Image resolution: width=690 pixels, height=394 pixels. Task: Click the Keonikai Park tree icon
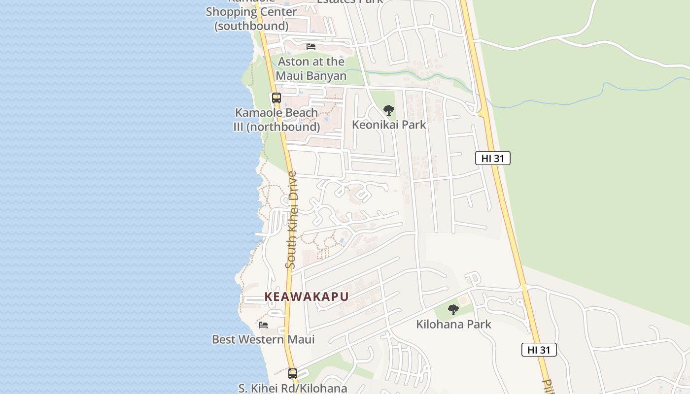tap(389, 110)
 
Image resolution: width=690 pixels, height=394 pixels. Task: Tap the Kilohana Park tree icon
tap(453, 310)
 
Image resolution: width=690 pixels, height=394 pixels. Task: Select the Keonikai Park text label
tap(389, 125)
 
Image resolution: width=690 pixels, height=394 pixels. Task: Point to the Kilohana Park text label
tap(453, 324)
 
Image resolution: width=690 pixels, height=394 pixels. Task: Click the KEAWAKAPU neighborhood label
tap(307, 296)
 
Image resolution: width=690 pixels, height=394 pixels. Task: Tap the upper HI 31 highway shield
tap(492, 158)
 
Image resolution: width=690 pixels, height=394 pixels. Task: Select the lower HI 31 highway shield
tap(539, 350)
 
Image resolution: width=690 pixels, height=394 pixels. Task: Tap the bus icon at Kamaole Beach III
tap(276, 98)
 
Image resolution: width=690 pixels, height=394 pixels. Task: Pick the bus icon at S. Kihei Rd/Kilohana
tap(293, 373)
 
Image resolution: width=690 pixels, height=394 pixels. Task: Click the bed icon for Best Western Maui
tap(263, 325)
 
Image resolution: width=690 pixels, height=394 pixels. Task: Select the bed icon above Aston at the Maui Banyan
tap(311, 47)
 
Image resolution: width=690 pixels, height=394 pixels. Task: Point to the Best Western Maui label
tap(263, 339)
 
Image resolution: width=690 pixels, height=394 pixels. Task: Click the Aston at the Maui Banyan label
tap(311, 68)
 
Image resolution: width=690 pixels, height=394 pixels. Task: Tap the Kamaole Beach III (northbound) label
tap(276, 120)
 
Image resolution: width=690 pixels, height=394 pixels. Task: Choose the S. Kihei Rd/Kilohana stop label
tap(293, 388)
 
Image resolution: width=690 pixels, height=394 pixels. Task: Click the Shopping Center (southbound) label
tap(251, 19)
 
